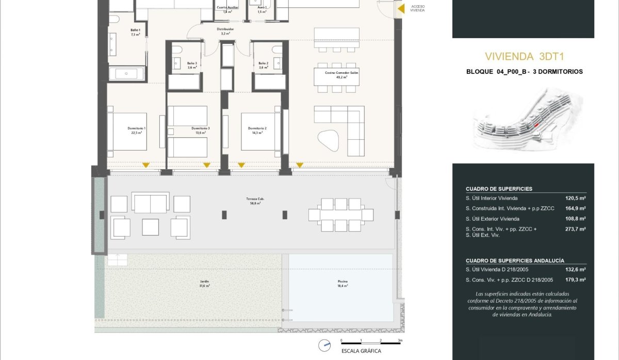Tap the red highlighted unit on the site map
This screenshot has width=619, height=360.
(x=536, y=125)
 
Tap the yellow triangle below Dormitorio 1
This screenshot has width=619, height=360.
(x=146, y=165)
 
